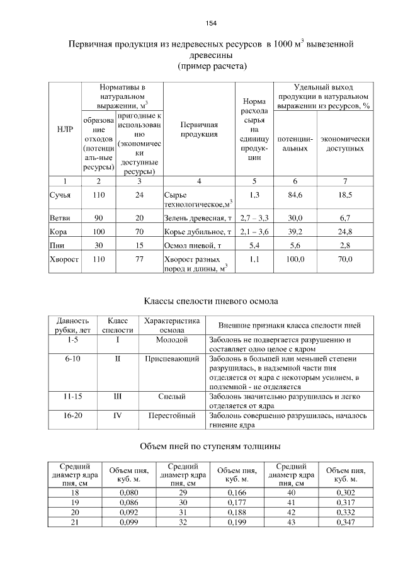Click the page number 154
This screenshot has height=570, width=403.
(x=211, y=23)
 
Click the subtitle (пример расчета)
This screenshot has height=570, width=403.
(x=211, y=66)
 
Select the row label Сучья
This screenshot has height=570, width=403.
(x=60, y=195)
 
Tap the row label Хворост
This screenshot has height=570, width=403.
(x=64, y=259)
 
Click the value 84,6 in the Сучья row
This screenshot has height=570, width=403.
(x=295, y=195)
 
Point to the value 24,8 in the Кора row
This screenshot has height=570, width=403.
(x=344, y=232)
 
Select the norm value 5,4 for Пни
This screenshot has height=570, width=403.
(x=255, y=245)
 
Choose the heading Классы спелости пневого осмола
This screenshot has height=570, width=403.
(x=207, y=301)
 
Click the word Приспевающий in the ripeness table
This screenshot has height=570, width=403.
(x=172, y=358)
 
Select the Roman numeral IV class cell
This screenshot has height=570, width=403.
(x=118, y=416)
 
